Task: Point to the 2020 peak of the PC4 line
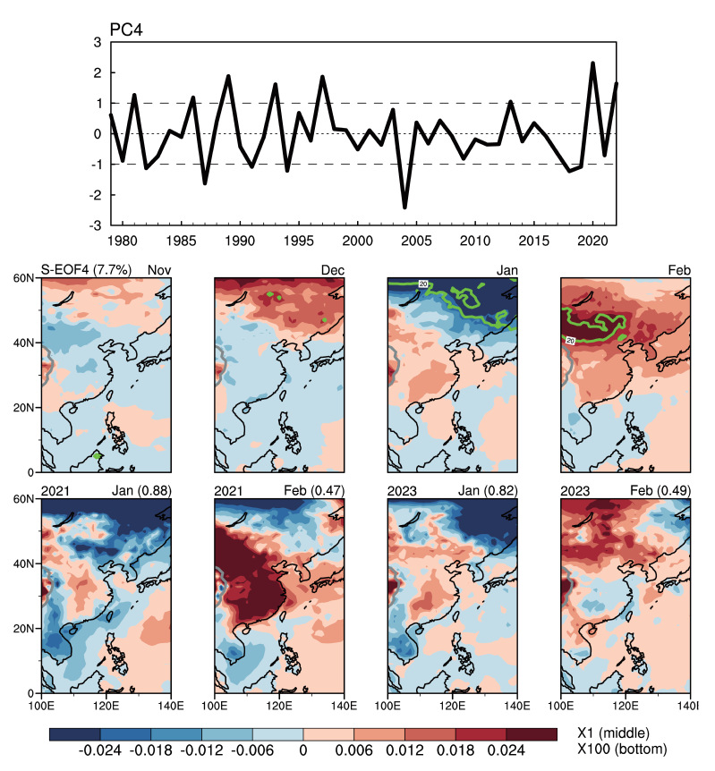click(593, 64)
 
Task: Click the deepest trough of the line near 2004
click(404, 208)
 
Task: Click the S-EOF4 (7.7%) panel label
click(81, 268)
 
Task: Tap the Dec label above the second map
click(331, 268)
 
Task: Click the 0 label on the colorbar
click(303, 751)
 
